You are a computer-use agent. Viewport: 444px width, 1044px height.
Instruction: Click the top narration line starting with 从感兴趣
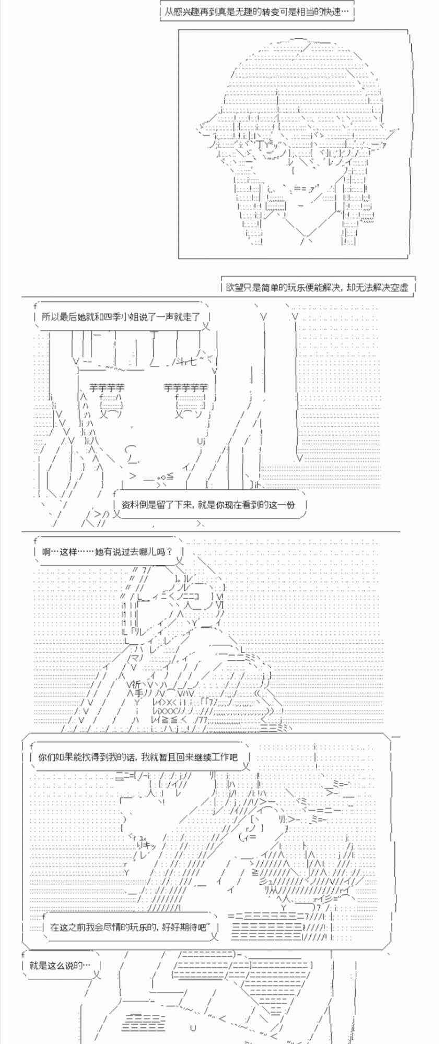[256, 11]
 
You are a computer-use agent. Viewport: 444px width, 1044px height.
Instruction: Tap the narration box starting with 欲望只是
[317, 287]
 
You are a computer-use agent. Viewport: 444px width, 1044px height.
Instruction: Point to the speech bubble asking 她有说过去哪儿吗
[107, 551]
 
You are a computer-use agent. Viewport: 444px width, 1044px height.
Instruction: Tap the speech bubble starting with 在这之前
[131, 928]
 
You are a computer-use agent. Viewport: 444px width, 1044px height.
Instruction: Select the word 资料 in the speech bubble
[131, 505]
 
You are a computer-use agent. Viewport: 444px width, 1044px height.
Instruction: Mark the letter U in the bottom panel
[193, 1028]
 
